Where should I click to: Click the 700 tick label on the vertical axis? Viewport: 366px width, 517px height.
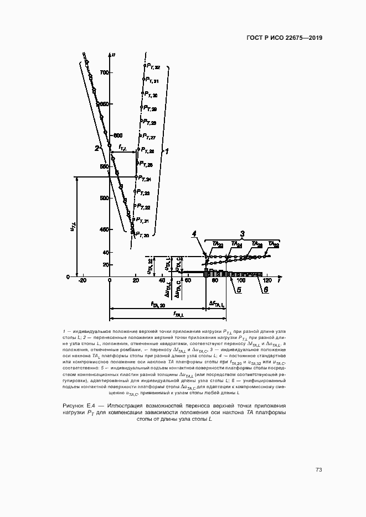tap(103, 72)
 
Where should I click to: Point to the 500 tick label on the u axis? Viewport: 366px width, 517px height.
tap(103, 197)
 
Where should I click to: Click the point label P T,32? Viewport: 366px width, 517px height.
tap(153, 66)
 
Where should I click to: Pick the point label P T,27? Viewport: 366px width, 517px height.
tap(149, 137)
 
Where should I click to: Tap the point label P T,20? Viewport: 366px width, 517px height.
tap(142, 235)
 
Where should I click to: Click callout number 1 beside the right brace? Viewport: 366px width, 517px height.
tap(167, 150)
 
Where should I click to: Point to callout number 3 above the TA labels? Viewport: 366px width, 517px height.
tap(241, 233)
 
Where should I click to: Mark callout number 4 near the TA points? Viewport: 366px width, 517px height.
tap(194, 234)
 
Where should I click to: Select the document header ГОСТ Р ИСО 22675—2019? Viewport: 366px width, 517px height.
tap(283, 38)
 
